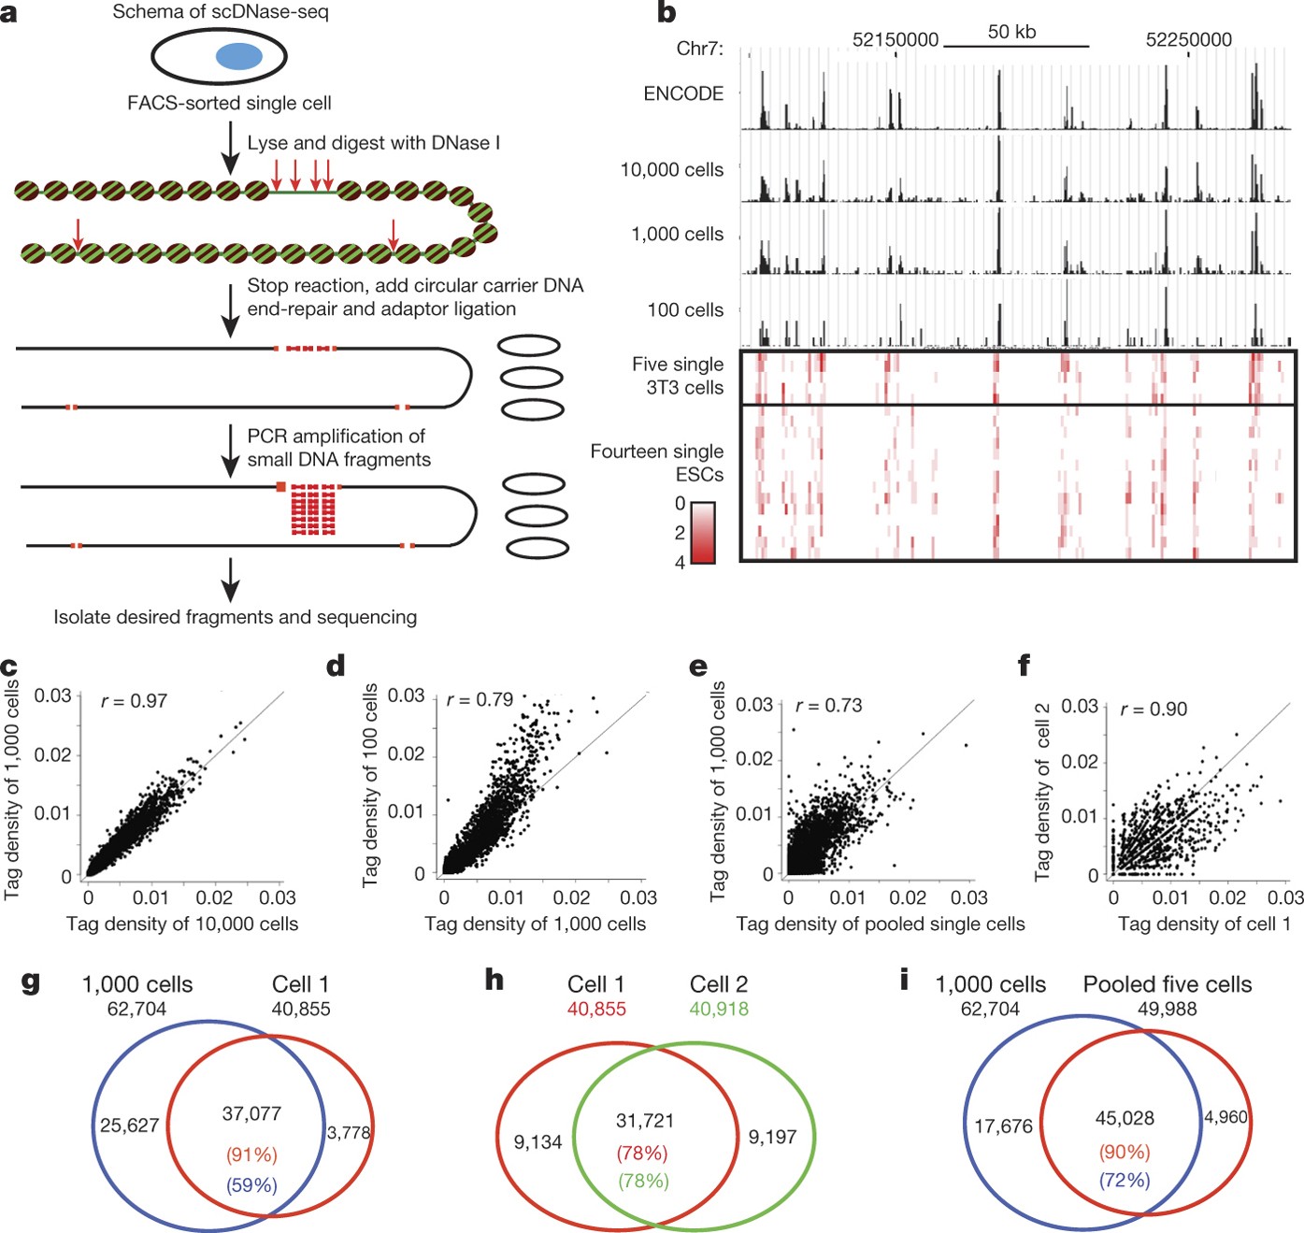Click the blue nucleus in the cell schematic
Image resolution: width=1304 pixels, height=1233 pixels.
pyautogui.click(x=239, y=57)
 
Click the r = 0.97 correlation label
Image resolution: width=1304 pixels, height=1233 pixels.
pyautogui.click(x=134, y=701)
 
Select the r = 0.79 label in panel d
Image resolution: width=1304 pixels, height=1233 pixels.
pyautogui.click(x=480, y=700)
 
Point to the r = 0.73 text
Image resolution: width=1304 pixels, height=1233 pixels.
pyautogui.click(x=828, y=706)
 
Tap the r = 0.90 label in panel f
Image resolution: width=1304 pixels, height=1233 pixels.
pyautogui.click(x=1154, y=710)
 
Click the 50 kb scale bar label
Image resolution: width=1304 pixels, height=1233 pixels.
pyautogui.click(x=1011, y=32)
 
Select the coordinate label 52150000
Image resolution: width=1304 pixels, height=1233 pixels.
pyautogui.click(x=895, y=40)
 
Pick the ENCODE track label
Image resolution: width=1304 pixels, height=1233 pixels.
pyautogui.click(x=683, y=93)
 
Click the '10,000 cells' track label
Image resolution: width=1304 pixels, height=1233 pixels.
pyautogui.click(x=671, y=170)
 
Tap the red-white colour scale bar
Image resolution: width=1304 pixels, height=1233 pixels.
pyautogui.click(x=703, y=533)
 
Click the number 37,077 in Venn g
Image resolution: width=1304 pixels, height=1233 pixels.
pyautogui.click(x=251, y=1113)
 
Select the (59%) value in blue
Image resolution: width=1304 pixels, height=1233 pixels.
pyautogui.click(x=251, y=1185)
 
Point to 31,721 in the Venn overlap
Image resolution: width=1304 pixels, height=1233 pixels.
pyautogui.click(x=644, y=1121)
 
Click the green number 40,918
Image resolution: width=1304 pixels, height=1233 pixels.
pyautogui.click(x=719, y=1010)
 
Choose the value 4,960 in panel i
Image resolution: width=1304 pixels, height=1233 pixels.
pyautogui.click(x=1225, y=1117)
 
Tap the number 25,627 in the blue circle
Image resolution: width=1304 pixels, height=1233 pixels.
pyautogui.click(x=129, y=1125)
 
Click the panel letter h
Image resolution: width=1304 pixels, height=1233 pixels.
pyautogui.click(x=494, y=980)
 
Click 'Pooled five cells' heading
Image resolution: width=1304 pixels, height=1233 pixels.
pyautogui.click(x=1167, y=985)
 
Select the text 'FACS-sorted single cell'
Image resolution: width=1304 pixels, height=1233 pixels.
pyautogui.click(x=229, y=103)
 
